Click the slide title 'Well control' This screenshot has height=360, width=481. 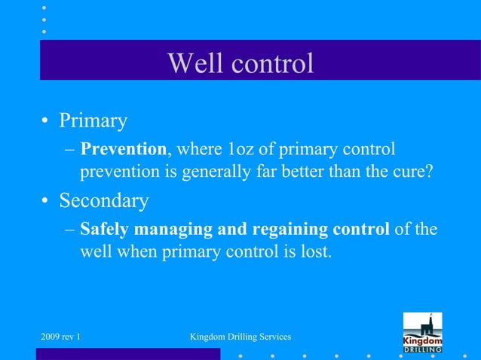(x=240, y=63)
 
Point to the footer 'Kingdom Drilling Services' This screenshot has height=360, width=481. (x=241, y=334)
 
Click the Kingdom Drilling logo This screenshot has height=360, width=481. (x=422, y=332)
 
